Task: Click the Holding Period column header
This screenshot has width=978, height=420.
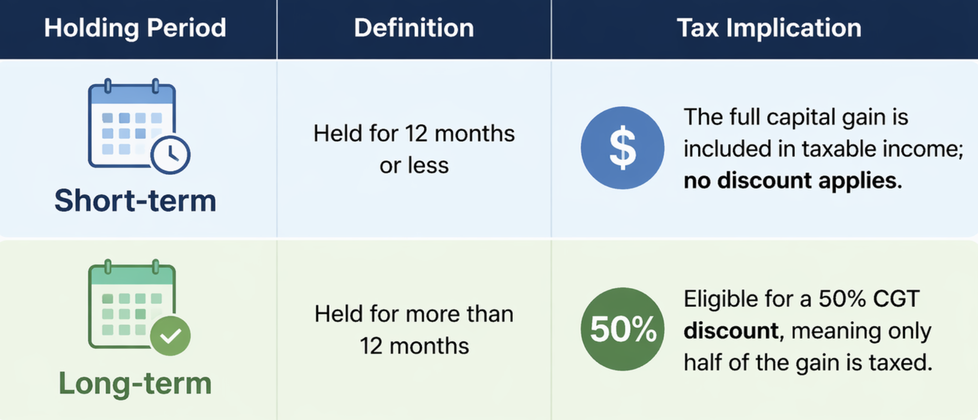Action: pyautogui.click(x=135, y=28)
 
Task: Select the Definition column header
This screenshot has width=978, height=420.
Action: pyautogui.click(x=414, y=28)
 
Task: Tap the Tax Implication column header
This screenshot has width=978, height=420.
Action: pyautogui.click(x=769, y=28)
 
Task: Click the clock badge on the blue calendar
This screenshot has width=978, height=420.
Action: pyautogui.click(x=170, y=155)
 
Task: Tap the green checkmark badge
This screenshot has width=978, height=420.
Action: pyautogui.click(x=170, y=336)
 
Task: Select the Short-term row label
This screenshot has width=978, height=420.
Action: pyautogui.click(x=135, y=200)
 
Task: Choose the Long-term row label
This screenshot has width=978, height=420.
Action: pyautogui.click(x=135, y=383)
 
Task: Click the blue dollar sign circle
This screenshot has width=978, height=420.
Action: pyautogui.click(x=622, y=148)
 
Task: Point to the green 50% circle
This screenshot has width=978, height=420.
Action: pyautogui.click(x=622, y=329)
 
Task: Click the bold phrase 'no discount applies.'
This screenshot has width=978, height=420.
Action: pyautogui.click(x=793, y=181)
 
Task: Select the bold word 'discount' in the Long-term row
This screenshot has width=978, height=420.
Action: pyautogui.click(x=731, y=331)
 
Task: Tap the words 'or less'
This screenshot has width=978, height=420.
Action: pyautogui.click(x=414, y=166)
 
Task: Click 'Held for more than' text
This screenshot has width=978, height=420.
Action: pyautogui.click(x=414, y=314)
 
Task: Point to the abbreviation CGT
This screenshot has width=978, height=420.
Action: pyautogui.click(x=897, y=299)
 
